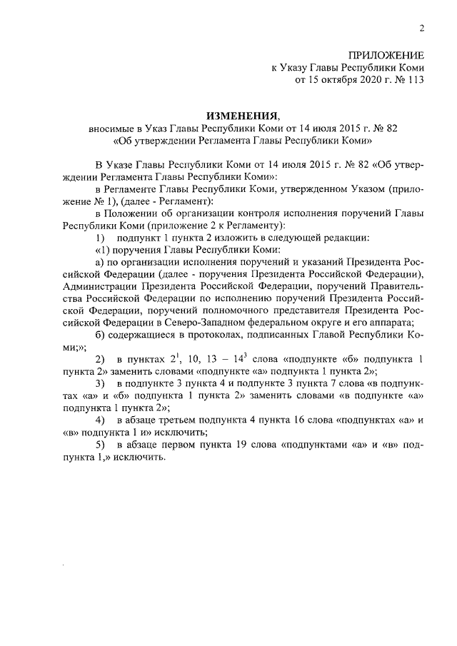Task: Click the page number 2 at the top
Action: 421,29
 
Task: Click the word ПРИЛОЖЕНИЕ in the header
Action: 386,55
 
